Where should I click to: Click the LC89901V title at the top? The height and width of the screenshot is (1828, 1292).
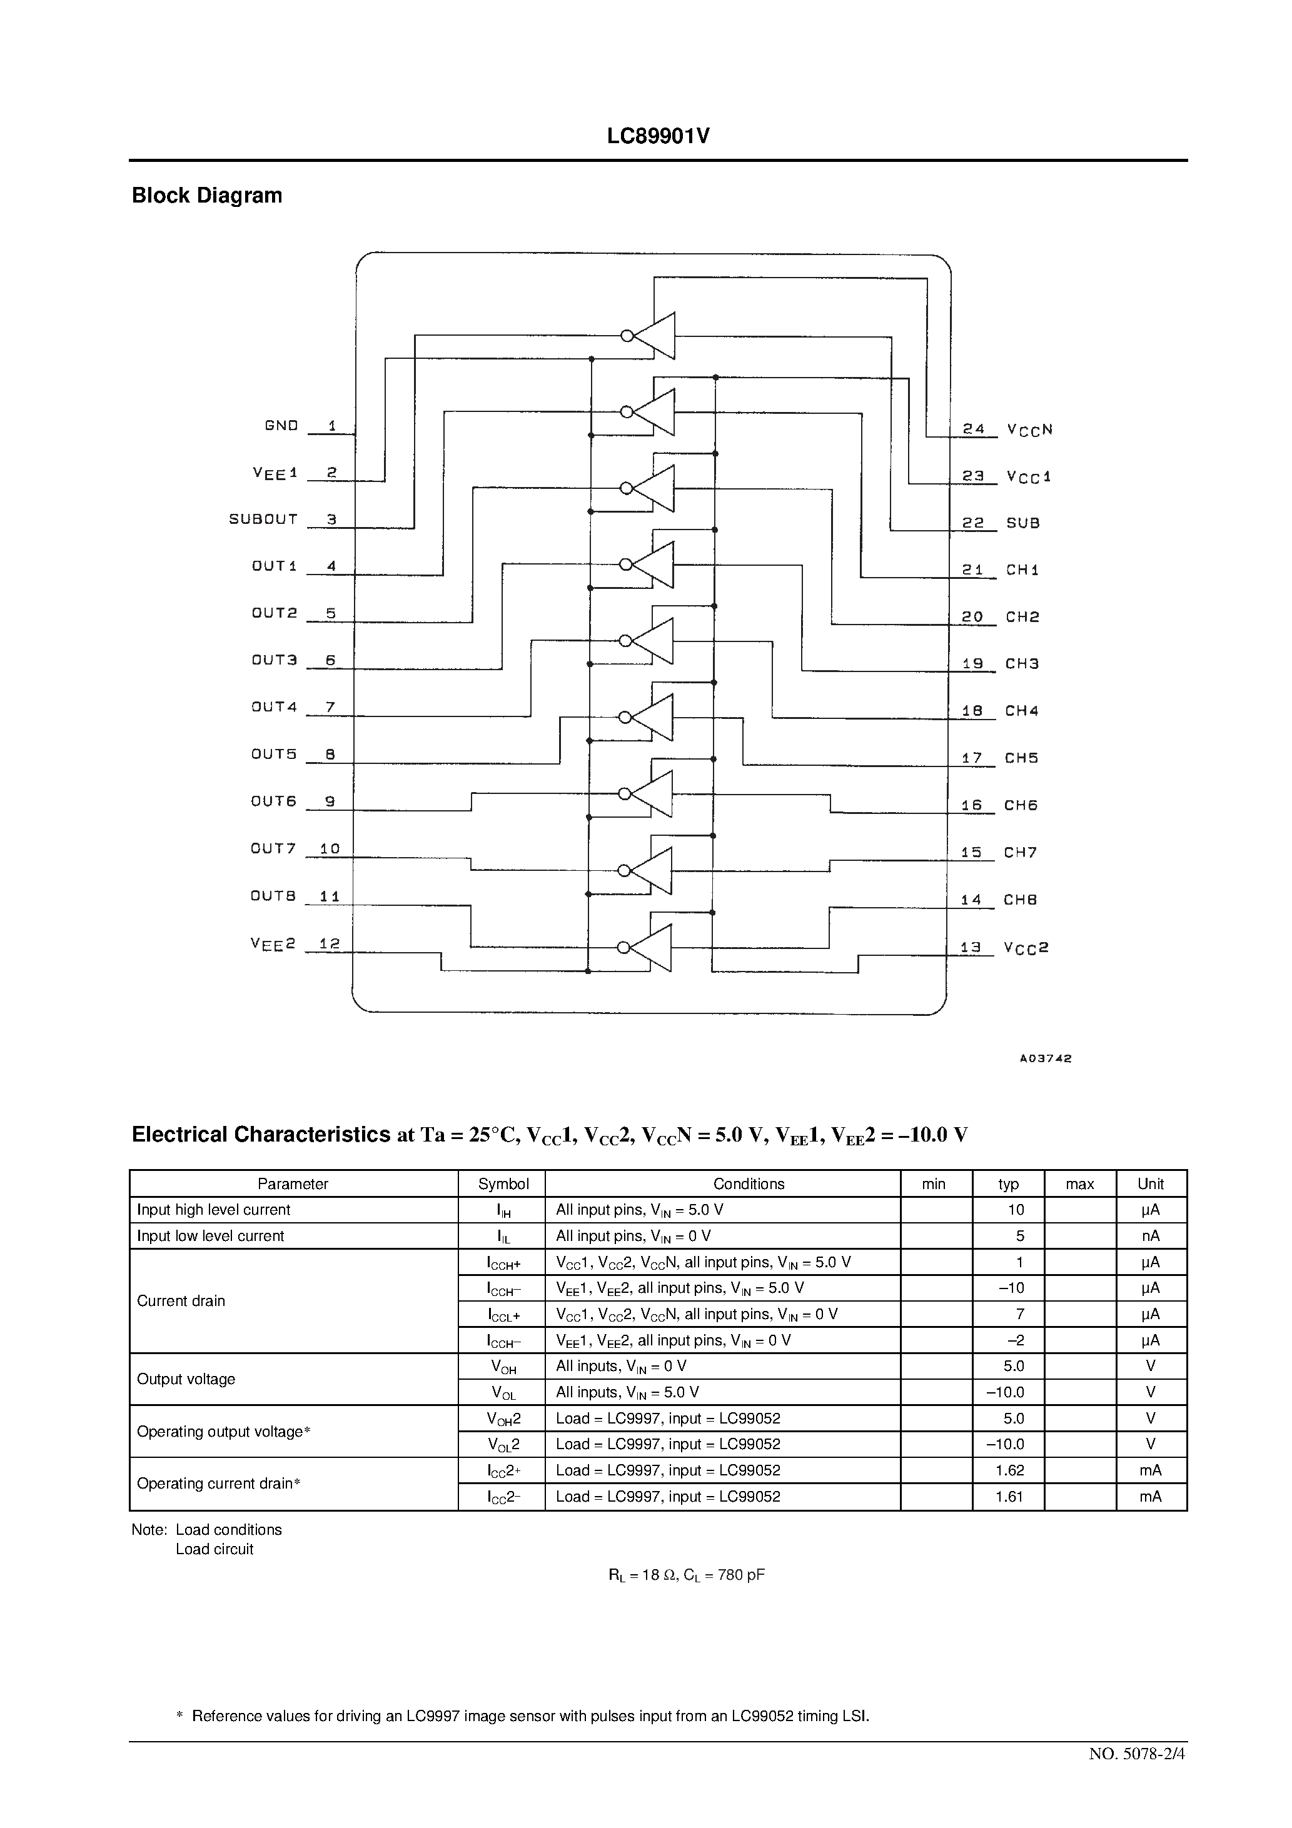pyautogui.click(x=658, y=137)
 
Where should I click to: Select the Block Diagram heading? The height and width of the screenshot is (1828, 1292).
pyautogui.click(x=207, y=196)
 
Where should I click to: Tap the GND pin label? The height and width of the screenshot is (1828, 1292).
pyautogui.click(x=281, y=426)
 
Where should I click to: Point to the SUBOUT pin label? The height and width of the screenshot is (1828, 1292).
pyautogui.click(x=264, y=519)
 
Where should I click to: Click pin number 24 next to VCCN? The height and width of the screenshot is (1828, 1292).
pyautogui.click(x=974, y=429)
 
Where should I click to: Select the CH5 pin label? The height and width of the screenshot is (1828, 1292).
pyautogui.click(x=1021, y=758)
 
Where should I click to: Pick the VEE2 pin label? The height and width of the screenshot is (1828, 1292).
pyautogui.click(x=273, y=943)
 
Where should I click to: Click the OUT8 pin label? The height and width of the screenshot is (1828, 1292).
pyautogui.click(x=273, y=896)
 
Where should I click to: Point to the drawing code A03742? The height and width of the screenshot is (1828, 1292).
pyautogui.click(x=1045, y=1059)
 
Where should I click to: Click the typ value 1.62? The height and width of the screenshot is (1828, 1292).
pyautogui.click(x=1009, y=1470)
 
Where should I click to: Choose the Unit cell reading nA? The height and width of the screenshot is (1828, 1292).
pyautogui.click(x=1150, y=1236)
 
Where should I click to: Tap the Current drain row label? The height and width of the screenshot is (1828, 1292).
pyautogui.click(x=181, y=1301)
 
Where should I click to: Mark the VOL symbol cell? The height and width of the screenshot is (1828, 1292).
pyautogui.click(x=503, y=1392)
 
